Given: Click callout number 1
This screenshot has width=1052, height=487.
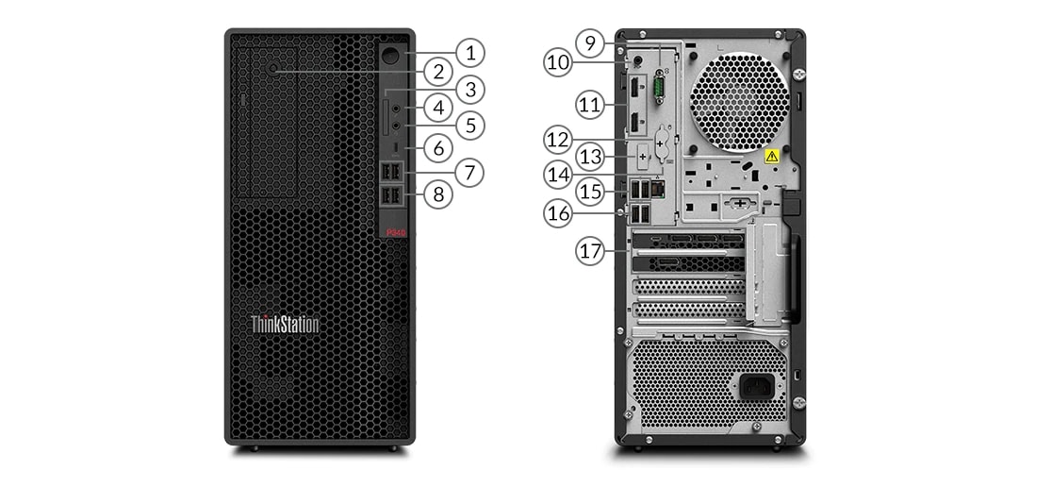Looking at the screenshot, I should (470, 52).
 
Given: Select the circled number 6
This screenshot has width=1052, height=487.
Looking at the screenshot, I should (437, 148).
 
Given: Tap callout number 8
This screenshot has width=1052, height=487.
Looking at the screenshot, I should (437, 194).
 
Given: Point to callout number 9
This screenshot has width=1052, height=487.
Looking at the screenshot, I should (590, 42).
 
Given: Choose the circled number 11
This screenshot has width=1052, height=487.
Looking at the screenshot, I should (590, 104).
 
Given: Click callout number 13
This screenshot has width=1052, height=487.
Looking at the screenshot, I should (590, 156).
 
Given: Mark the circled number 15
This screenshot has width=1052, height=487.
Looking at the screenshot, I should (590, 193).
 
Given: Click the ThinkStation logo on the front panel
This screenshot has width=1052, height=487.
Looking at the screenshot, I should (285, 325).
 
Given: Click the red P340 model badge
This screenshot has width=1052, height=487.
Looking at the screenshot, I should (393, 230).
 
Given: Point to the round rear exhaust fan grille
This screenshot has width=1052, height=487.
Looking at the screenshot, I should (738, 100).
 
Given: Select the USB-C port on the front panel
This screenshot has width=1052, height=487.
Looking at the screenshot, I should (392, 149).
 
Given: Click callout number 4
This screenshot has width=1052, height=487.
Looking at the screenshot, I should (437, 107).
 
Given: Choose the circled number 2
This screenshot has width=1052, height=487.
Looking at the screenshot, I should (437, 71).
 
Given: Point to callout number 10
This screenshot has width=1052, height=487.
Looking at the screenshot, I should (558, 63).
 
